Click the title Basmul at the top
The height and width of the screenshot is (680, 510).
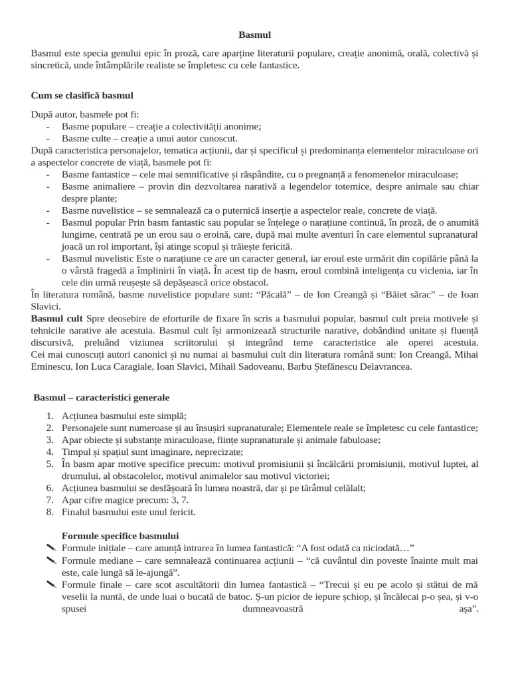(254, 35)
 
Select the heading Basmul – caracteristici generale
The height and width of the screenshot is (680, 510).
(101, 397)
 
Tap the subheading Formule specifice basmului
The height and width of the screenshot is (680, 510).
(120, 535)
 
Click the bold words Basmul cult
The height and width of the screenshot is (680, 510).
(57, 319)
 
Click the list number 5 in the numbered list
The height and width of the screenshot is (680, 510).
(50, 464)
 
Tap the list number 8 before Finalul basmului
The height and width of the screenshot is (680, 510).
(50, 511)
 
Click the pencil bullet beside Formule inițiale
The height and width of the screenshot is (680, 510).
(50, 548)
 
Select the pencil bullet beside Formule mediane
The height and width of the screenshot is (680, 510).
(50, 560)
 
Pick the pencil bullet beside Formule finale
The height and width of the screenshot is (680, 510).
(50, 584)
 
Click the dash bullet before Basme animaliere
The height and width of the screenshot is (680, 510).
(48, 187)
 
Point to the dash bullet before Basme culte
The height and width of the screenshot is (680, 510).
(48, 138)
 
